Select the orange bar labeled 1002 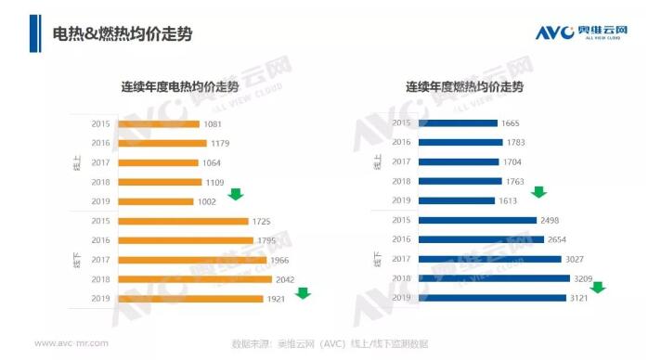pos(153,201)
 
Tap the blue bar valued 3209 pos(494,278)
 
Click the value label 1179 pos(219,143)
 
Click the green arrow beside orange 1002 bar pos(235,194)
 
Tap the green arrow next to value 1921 pos(303,293)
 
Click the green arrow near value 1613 pos(538,192)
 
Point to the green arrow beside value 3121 pos(598,287)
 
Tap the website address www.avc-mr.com pos(71,343)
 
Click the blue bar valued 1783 pos(460,142)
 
